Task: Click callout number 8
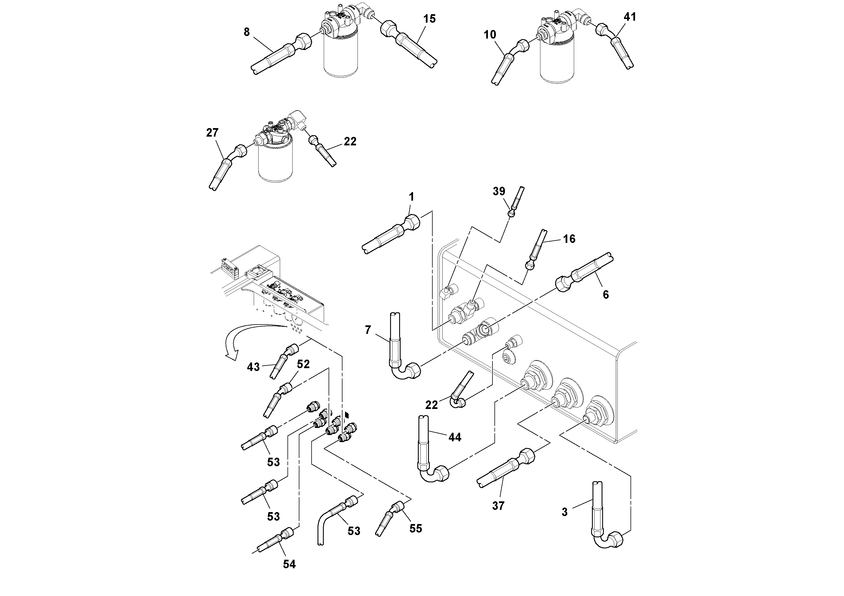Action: click(247, 32)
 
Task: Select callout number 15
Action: click(429, 19)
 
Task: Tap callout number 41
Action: click(630, 17)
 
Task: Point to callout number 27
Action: click(212, 133)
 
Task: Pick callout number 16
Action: click(569, 239)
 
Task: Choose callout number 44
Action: click(455, 437)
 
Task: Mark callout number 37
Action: click(498, 506)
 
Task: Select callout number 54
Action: click(289, 564)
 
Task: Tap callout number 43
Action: click(253, 367)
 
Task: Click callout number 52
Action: click(303, 364)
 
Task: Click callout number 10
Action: click(490, 35)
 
